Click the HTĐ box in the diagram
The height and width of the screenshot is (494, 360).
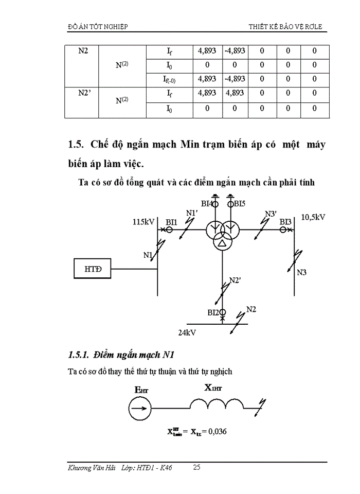coord(93,269)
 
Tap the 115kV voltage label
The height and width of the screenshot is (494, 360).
coord(143,222)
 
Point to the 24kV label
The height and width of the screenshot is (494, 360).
coord(187,333)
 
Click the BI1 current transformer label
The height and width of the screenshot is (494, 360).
coord(171,222)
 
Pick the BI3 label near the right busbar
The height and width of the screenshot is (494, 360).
coord(286,222)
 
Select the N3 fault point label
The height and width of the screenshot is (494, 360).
coord(302,272)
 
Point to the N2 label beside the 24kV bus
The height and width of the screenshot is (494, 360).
coord(251,309)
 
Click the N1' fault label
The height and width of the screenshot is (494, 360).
coord(192,213)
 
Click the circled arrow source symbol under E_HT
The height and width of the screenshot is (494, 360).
coord(139,410)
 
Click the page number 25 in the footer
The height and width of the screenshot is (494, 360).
coord(197,467)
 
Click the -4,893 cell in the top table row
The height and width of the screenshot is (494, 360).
coord(235,51)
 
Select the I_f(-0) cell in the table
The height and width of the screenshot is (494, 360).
coord(170,79)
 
